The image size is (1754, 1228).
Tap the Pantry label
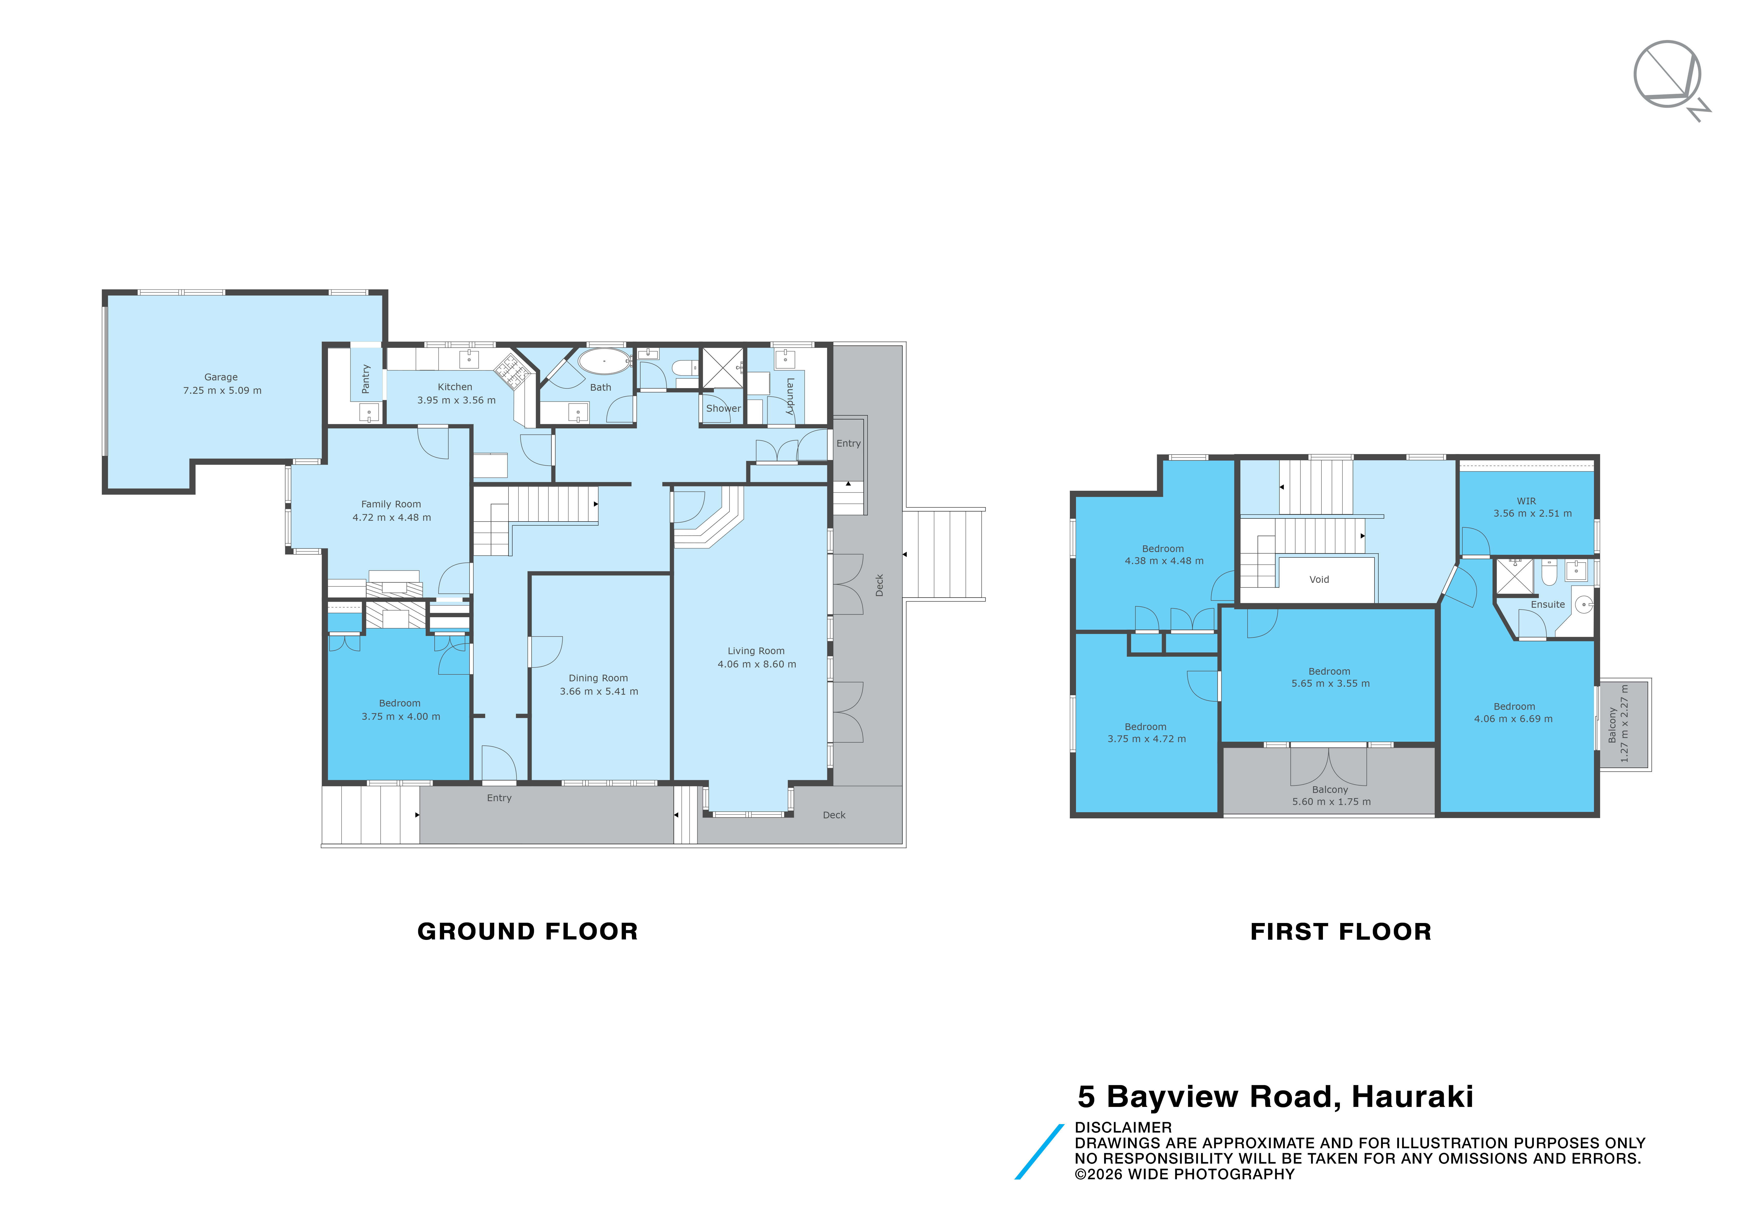click(x=366, y=379)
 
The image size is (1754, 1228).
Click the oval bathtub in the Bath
click(x=603, y=361)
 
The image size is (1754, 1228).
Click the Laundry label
click(x=790, y=397)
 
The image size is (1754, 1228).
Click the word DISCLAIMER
click(x=1123, y=1127)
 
